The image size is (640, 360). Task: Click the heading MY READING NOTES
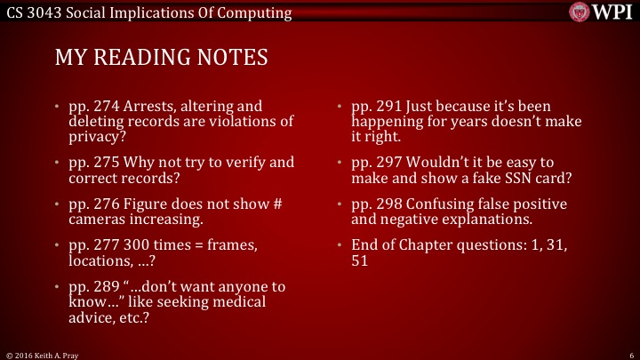pyautogui.click(x=161, y=58)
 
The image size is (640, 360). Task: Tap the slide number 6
pyautogui.click(x=629, y=354)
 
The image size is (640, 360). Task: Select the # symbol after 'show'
pyautogui.click(x=276, y=204)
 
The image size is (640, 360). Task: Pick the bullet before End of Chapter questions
pyautogui.click(x=340, y=244)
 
